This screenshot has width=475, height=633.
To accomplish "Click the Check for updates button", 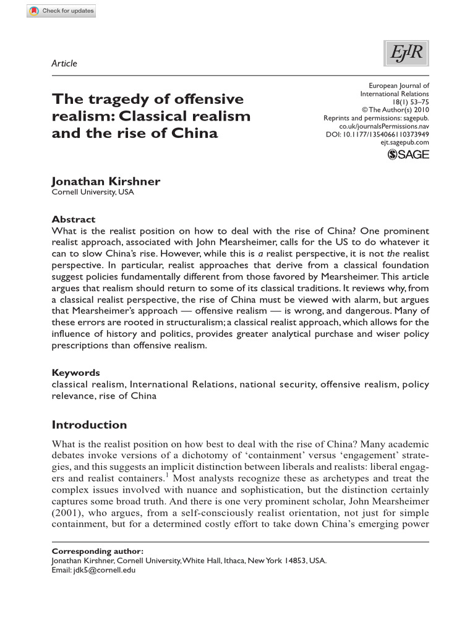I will [x=61, y=11].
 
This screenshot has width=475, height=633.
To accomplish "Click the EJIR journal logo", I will [x=406, y=54].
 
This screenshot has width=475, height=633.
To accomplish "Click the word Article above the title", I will [x=64, y=63].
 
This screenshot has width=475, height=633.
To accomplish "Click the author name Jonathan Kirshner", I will [x=106, y=181].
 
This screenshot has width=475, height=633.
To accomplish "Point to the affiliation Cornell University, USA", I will [x=92, y=192].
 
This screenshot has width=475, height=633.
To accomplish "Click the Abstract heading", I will [x=74, y=219].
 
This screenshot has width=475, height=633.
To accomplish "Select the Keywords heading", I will [x=75, y=373].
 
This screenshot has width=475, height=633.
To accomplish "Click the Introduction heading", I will [x=89, y=425].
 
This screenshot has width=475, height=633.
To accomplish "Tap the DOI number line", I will [x=377, y=134].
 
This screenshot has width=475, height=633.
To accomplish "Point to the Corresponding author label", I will [x=97, y=551].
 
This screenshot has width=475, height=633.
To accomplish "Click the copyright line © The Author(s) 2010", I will [x=396, y=110].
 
